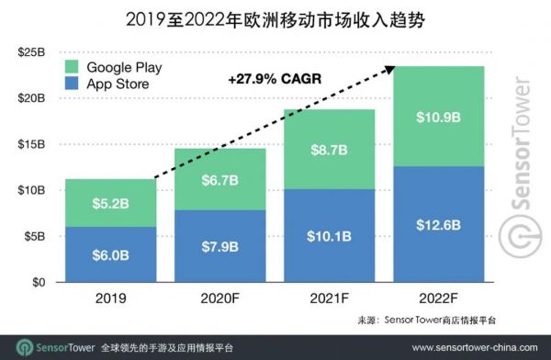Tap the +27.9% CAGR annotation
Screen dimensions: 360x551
coord(273,80)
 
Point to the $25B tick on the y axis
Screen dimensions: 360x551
coord(32,52)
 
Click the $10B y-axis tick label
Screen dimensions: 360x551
coord(32,190)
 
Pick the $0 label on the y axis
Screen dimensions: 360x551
coord(39,282)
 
